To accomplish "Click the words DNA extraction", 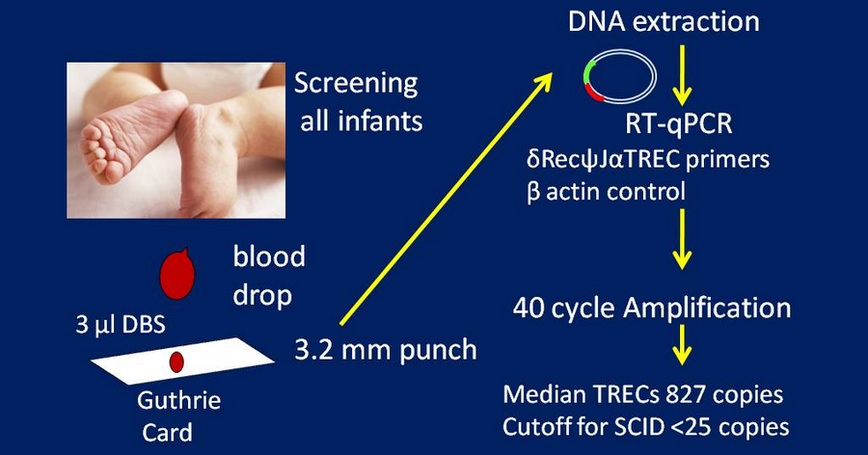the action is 664,21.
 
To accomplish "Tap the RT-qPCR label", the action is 679,124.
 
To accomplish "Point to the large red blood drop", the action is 177,274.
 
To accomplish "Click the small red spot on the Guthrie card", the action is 176,362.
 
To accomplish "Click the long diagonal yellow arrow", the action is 447,199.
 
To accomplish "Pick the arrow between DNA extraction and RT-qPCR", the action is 682,75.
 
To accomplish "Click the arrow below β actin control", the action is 682,238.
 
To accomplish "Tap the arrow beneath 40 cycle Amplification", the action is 682,344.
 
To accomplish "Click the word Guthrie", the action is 178,400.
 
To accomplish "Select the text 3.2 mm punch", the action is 385,350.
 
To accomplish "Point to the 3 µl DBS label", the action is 121,324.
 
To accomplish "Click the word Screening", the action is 356,84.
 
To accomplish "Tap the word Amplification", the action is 707,308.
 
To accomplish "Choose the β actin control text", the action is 607,192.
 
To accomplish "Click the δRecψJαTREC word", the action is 603,160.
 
